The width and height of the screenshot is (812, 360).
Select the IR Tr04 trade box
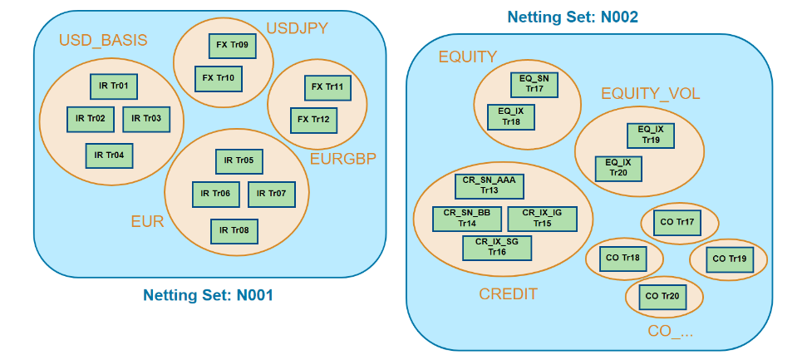[109, 155]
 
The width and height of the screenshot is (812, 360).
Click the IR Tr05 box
[239, 161]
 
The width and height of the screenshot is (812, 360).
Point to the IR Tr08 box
[234, 230]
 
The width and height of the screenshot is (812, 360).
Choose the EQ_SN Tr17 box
[534, 84]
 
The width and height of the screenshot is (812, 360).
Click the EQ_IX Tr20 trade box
[618, 168]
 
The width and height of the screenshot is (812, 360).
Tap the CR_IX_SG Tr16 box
[497, 247]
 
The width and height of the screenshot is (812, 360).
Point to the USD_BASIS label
[103, 41]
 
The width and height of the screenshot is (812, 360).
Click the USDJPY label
[298, 28]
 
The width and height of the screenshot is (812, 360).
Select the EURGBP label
[342, 159]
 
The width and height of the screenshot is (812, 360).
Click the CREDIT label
[508, 294]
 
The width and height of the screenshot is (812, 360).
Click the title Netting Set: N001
[208, 295]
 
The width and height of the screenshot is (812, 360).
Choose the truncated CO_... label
[670, 333]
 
